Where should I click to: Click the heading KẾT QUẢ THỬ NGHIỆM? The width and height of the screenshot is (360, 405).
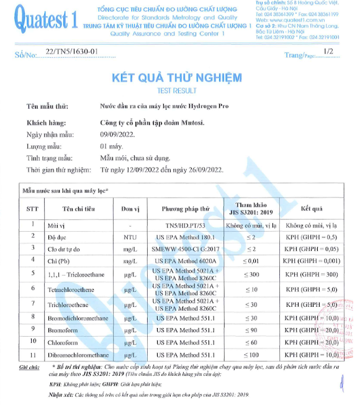pyautogui.click(x=176, y=78)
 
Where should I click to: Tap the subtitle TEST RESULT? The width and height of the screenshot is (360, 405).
pyautogui.click(x=176, y=90)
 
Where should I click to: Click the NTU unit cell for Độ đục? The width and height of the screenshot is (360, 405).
pyautogui.click(x=129, y=237)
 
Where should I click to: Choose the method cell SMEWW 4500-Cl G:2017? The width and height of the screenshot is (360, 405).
pyautogui.click(x=186, y=248)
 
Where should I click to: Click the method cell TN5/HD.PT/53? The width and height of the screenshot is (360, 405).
pyautogui.click(x=186, y=225)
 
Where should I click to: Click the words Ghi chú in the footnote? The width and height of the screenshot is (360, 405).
pyautogui.click(x=29, y=367)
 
